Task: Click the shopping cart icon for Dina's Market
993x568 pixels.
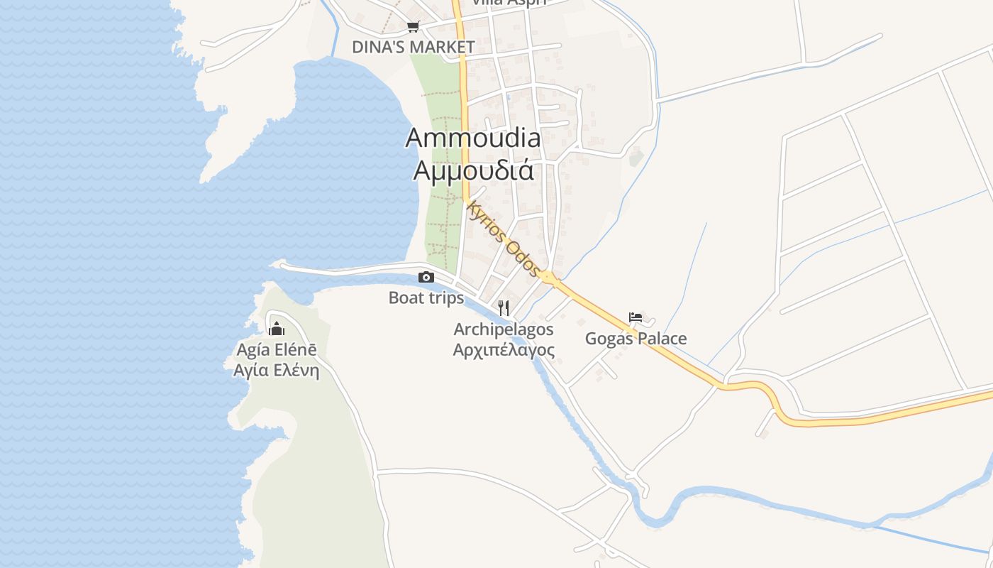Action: point(413,27)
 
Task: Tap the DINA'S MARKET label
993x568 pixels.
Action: point(414,47)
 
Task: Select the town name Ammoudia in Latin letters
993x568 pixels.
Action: point(472,138)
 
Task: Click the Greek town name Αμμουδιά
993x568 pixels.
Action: point(473,170)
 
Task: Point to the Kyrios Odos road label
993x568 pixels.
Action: point(504,239)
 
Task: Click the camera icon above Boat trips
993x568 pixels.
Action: point(426,277)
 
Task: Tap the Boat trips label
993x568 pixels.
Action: point(426,297)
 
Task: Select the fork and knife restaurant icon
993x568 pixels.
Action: point(504,307)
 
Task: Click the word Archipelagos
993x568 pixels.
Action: point(504,329)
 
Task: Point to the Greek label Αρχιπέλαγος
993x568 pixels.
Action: point(504,349)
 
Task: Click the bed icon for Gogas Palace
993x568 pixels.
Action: point(636,317)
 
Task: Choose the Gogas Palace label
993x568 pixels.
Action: point(636,338)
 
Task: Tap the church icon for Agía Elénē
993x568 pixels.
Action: point(277,328)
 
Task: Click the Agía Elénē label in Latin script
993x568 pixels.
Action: point(277,350)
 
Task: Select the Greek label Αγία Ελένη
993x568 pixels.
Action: point(277,370)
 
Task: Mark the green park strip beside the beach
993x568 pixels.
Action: point(441,177)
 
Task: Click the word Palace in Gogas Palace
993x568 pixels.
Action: point(662,338)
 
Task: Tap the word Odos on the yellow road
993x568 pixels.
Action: point(523,259)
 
